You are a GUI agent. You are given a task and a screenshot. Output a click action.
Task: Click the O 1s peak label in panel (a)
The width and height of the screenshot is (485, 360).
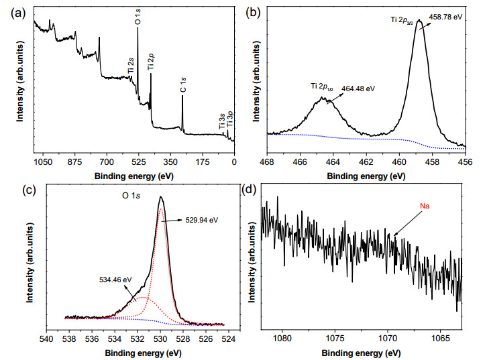point(138,17)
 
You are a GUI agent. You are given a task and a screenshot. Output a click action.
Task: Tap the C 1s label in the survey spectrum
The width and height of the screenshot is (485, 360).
point(183,84)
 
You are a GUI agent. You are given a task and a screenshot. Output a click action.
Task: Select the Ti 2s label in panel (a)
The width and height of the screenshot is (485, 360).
point(131,66)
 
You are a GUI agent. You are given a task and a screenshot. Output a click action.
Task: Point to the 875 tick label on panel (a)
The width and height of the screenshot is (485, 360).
point(75,162)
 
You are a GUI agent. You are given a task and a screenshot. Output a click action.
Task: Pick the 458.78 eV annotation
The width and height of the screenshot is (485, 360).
point(445,17)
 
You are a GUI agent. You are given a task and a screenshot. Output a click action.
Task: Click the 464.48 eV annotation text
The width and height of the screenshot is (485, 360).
point(358,88)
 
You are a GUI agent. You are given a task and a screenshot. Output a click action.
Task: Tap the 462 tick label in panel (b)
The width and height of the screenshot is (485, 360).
point(366,162)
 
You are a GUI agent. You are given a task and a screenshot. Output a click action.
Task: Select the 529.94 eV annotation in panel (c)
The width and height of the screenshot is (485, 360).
point(202,220)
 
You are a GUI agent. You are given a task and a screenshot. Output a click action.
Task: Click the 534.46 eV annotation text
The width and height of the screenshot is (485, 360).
point(115,280)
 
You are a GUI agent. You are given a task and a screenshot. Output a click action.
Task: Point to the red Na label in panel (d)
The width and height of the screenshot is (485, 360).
point(425,206)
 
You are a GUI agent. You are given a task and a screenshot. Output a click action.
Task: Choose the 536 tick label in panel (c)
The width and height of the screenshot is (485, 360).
point(92,339)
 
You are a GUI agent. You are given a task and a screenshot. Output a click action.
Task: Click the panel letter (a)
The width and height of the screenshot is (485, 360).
point(18,13)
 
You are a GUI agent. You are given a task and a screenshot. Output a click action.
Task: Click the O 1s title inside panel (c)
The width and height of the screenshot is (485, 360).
point(131,196)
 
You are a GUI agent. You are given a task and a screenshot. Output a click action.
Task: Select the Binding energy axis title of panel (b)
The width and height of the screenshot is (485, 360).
point(366,176)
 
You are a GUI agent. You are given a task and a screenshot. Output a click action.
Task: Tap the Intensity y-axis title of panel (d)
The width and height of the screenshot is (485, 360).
point(252,263)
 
